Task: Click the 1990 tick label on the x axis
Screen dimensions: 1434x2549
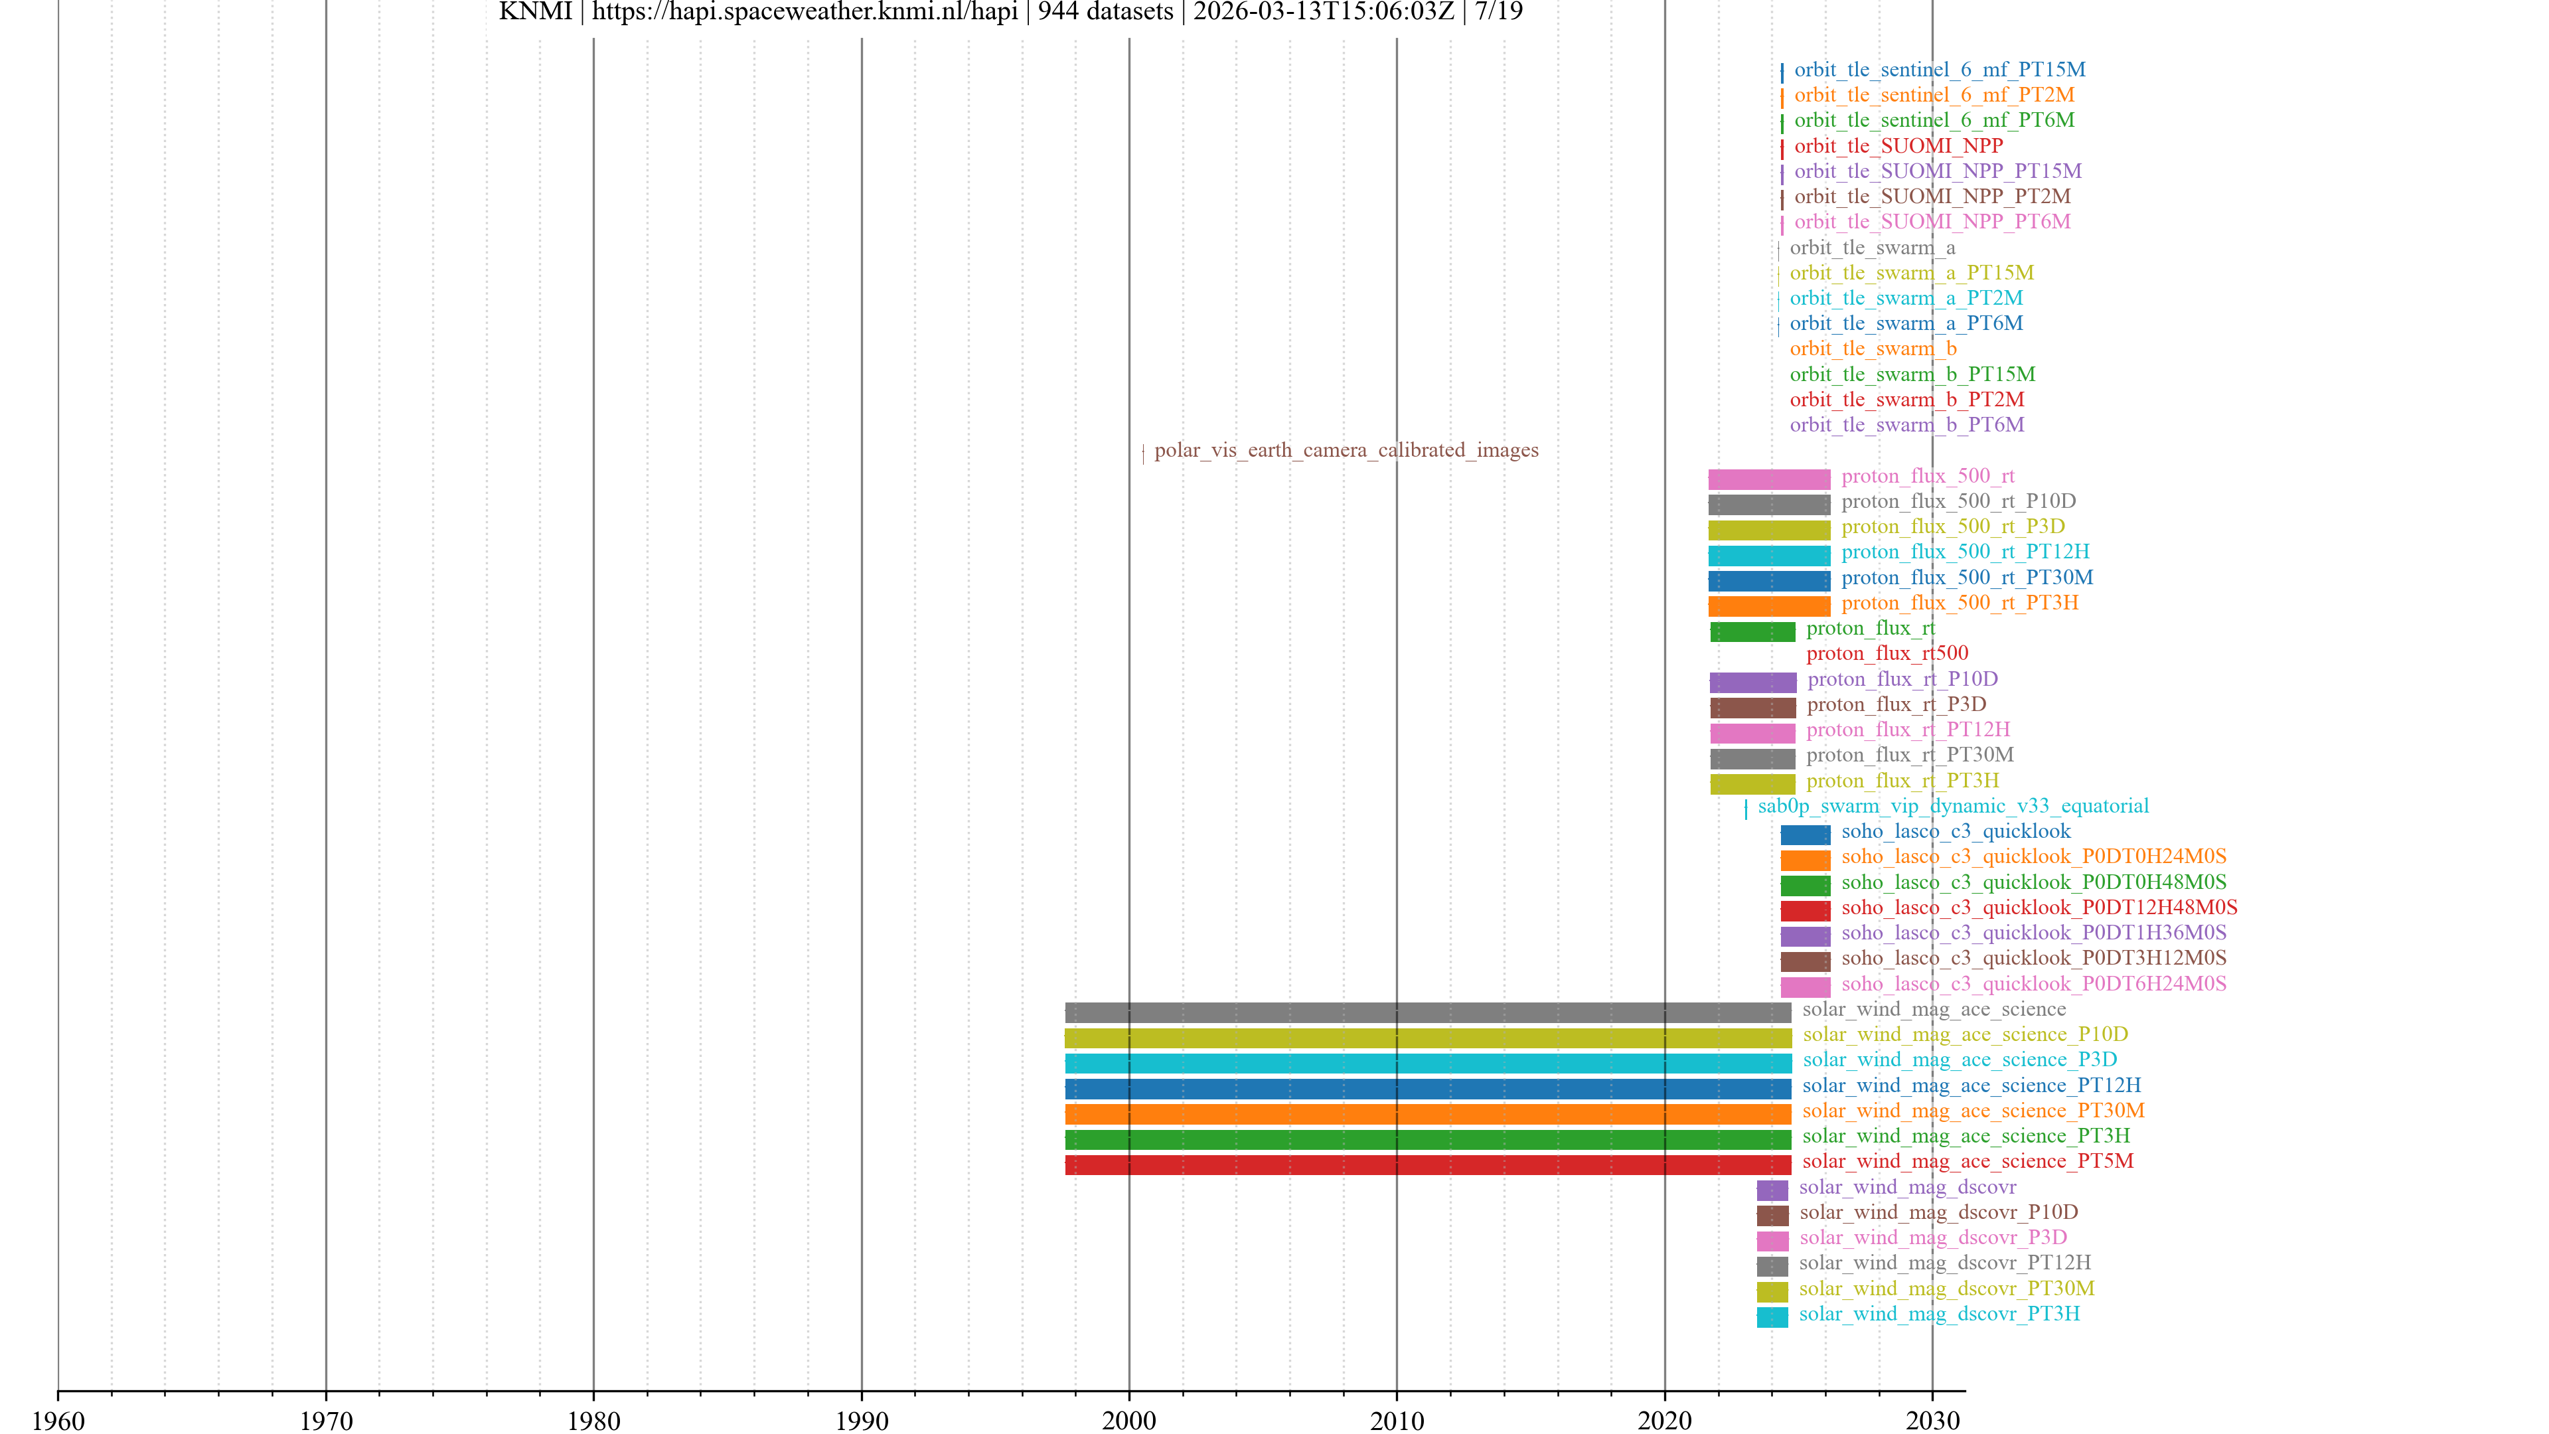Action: [861, 1420]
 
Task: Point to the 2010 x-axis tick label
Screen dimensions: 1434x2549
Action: [1396, 1420]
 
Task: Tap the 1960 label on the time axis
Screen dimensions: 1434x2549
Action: [58, 1420]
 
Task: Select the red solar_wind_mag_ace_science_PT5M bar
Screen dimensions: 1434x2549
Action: [1427, 1165]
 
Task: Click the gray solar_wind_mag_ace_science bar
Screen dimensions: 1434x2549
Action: [1427, 1012]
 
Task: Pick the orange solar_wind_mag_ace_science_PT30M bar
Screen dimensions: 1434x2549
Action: [1427, 1115]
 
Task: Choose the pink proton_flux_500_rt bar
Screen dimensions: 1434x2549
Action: [1768, 479]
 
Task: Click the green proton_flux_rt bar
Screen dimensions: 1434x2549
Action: [1752, 631]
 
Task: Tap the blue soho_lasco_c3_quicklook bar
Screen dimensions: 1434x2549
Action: [1805, 835]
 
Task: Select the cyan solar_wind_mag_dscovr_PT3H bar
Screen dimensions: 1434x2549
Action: [1772, 1317]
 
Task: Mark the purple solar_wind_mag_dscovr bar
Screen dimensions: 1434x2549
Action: [1772, 1190]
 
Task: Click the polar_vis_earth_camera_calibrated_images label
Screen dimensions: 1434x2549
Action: [1346, 450]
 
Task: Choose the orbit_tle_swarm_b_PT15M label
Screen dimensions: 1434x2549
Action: [1912, 374]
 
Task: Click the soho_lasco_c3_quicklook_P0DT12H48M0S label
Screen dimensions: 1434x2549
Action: [2039, 908]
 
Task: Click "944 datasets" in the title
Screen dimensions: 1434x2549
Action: [1105, 12]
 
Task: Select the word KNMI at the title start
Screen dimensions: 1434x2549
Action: [535, 12]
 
